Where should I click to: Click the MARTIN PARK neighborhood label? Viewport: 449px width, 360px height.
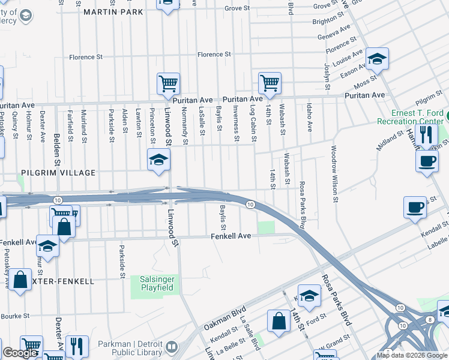(x=113, y=12)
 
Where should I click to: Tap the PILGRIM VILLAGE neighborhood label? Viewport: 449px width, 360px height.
(x=58, y=173)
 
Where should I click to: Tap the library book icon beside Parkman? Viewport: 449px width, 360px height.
(x=172, y=347)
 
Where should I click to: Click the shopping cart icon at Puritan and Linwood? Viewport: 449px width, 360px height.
(x=169, y=83)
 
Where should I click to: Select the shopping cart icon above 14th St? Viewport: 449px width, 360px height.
(x=270, y=83)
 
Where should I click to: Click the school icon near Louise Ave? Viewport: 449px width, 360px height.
(x=376, y=58)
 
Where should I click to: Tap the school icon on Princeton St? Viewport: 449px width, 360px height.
(x=158, y=160)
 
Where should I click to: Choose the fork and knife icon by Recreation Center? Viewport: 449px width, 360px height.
(x=426, y=134)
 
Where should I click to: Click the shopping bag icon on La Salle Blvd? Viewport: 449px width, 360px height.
(x=280, y=320)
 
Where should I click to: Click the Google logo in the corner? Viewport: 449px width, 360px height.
(x=20, y=353)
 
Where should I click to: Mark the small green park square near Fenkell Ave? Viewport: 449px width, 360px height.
(x=266, y=227)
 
